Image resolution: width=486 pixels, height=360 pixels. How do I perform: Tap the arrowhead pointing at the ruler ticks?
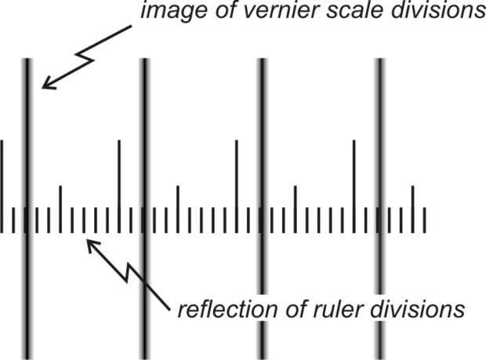click(91, 245)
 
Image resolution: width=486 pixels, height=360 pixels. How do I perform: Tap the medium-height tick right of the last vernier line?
click(413, 209)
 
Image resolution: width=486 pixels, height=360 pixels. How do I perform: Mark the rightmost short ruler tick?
click(425, 220)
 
